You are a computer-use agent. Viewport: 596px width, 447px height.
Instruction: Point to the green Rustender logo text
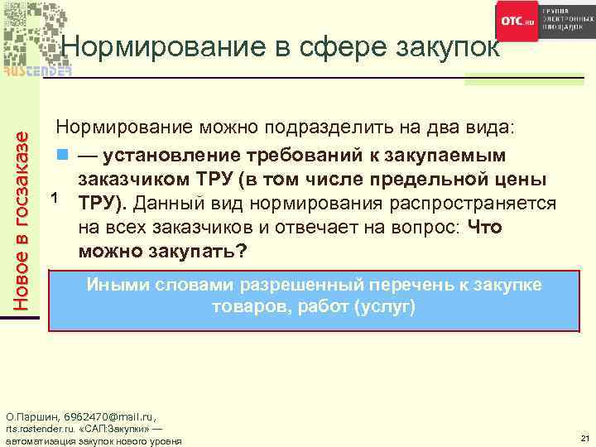tap(37, 70)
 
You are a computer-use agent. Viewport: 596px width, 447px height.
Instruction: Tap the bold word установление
tap(161, 156)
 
